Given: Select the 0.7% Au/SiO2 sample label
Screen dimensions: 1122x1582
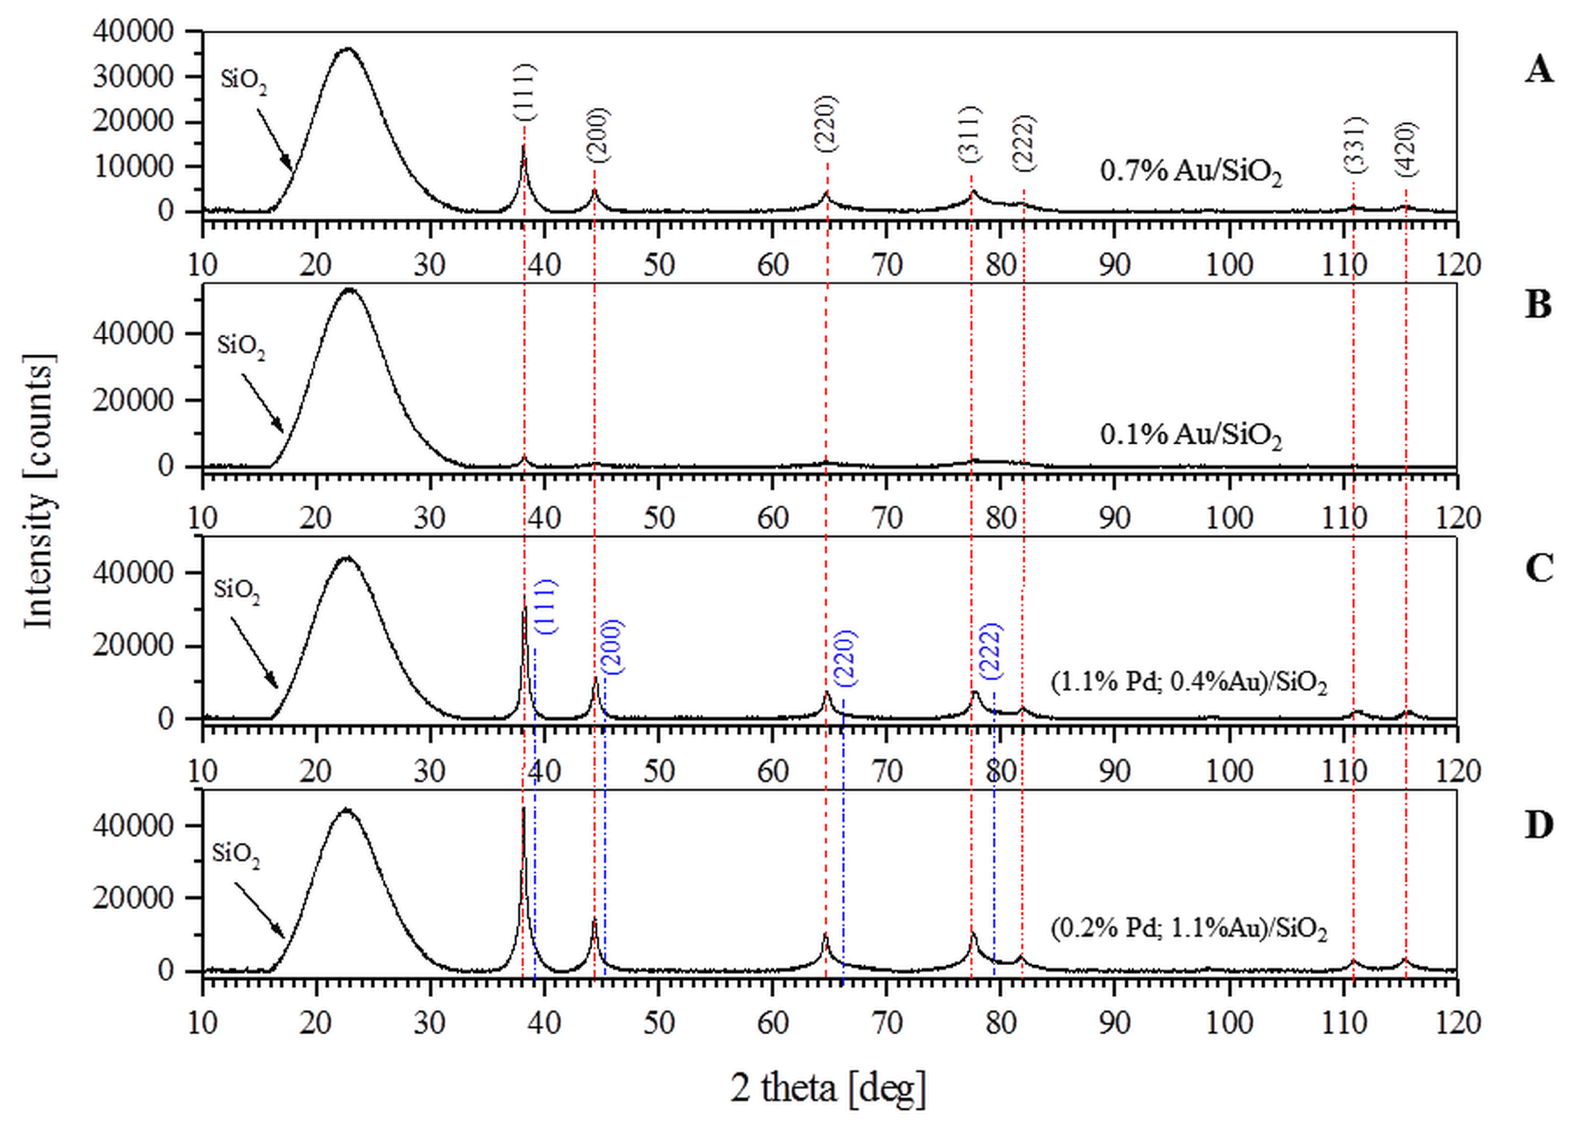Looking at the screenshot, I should (x=1190, y=171).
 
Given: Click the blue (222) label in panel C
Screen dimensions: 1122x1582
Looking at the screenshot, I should (x=991, y=650).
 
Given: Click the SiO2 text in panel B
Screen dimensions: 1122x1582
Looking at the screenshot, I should (x=240, y=346).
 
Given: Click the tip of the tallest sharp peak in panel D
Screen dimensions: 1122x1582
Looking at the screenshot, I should (x=523, y=808).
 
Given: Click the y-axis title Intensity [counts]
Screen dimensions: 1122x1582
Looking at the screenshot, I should (x=40, y=491).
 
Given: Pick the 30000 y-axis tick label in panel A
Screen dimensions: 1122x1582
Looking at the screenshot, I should (x=133, y=77).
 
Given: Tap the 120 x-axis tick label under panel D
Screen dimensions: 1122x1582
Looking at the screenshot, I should (x=1457, y=1023).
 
